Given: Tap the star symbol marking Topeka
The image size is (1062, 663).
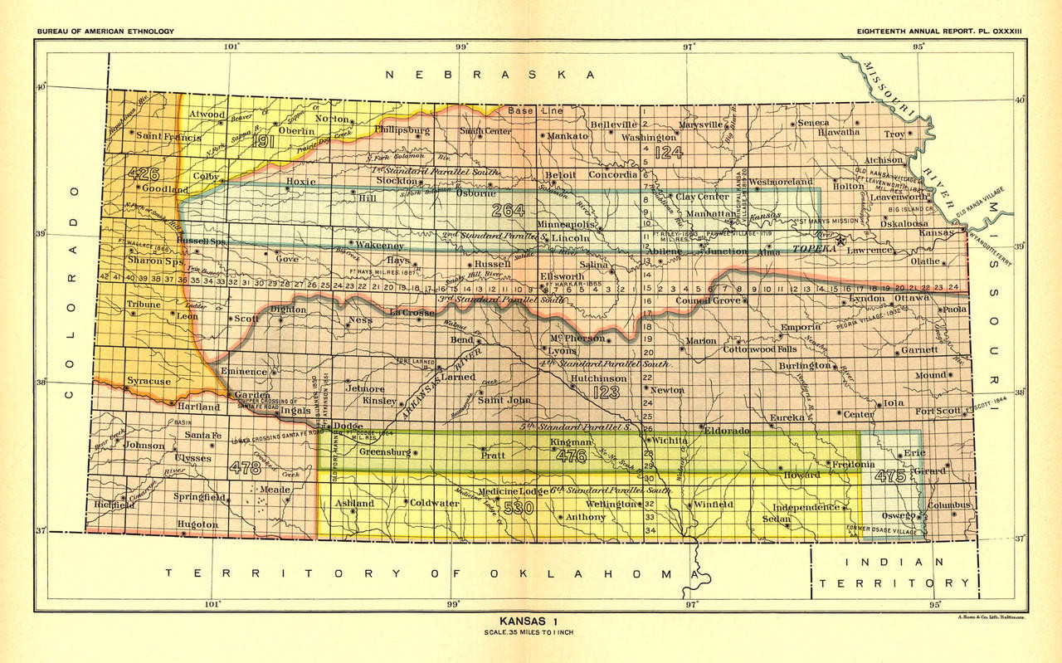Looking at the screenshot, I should point(840,241).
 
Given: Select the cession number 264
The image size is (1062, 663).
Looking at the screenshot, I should point(508,210).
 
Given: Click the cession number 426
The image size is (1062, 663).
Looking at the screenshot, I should point(144,173).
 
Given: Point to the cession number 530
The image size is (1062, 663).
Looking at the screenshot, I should point(517,508).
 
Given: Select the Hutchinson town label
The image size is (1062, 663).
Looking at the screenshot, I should point(597,378).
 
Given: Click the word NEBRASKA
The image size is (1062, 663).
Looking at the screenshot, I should point(490,75).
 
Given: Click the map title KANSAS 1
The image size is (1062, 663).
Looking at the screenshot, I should point(531,621).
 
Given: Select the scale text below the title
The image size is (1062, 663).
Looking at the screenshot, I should point(531,633).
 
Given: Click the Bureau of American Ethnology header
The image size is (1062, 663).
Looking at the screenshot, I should point(105,32).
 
